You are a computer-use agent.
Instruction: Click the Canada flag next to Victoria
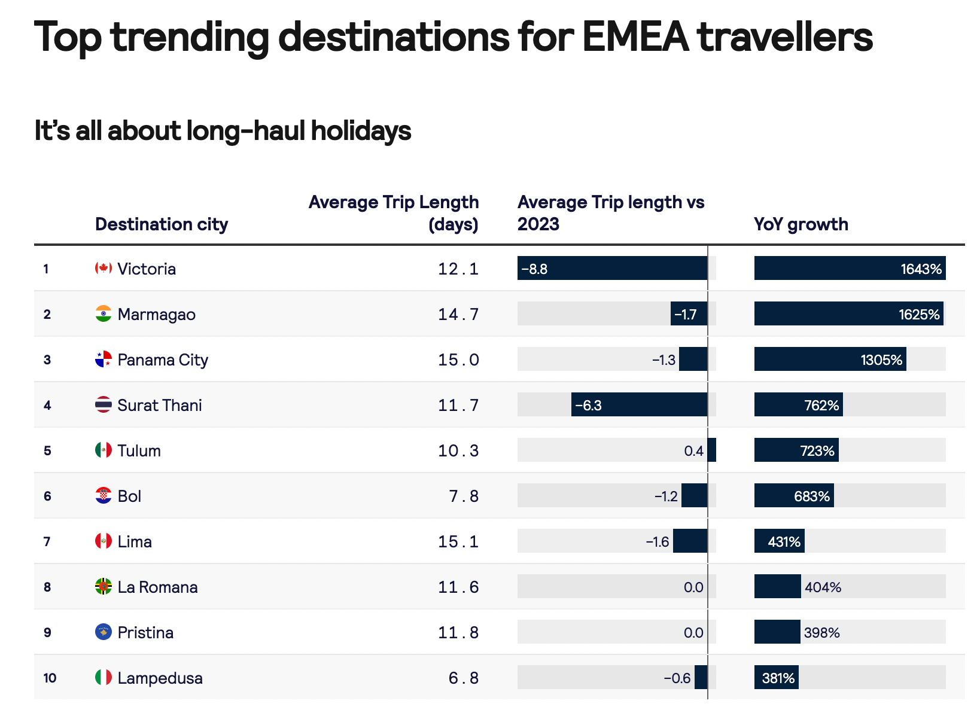point(104,268)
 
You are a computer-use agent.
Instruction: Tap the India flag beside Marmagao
point(104,313)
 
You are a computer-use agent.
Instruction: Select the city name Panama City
point(163,360)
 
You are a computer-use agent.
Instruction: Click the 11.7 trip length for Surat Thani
point(458,405)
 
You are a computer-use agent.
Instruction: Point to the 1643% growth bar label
point(921,269)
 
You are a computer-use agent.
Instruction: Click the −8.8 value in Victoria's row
point(534,269)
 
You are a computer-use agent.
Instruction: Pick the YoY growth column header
point(801,224)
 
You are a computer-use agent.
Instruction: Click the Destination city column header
point(162,224)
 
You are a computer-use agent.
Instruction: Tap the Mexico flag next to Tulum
point(104,450)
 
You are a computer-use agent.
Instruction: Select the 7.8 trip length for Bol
point(464,496)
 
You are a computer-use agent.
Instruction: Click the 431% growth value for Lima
point(784,541)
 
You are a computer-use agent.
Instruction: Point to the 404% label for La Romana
point(823,587)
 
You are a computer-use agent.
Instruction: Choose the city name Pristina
point(145,632)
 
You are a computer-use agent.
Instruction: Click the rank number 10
point(50,678)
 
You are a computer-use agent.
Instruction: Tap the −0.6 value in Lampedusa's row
point(677,678)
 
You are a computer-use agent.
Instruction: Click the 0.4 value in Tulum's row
point(693,450)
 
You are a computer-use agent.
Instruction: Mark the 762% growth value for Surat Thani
point(821,405)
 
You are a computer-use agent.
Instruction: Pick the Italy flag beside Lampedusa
point(104,677)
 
